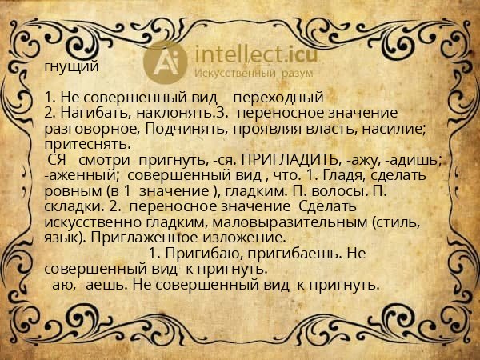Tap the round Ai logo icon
pyautogui.click(x=164, y=60)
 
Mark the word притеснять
pyautogui.click(x=86, y=144)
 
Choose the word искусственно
pyautogui.click(x=94, y=222)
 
